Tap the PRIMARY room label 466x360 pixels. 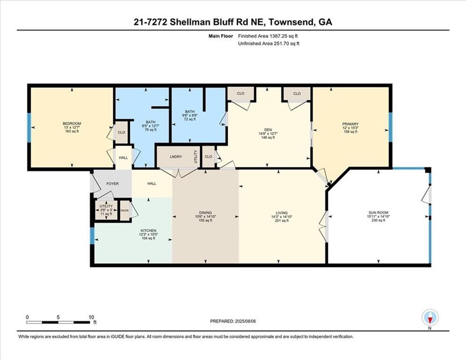click(350, 124)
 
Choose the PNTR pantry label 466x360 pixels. click(125, 210)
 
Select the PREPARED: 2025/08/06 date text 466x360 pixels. click(233, 321)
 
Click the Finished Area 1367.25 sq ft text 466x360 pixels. click(268, 36)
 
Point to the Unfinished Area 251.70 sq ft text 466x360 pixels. click(268, 43)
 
